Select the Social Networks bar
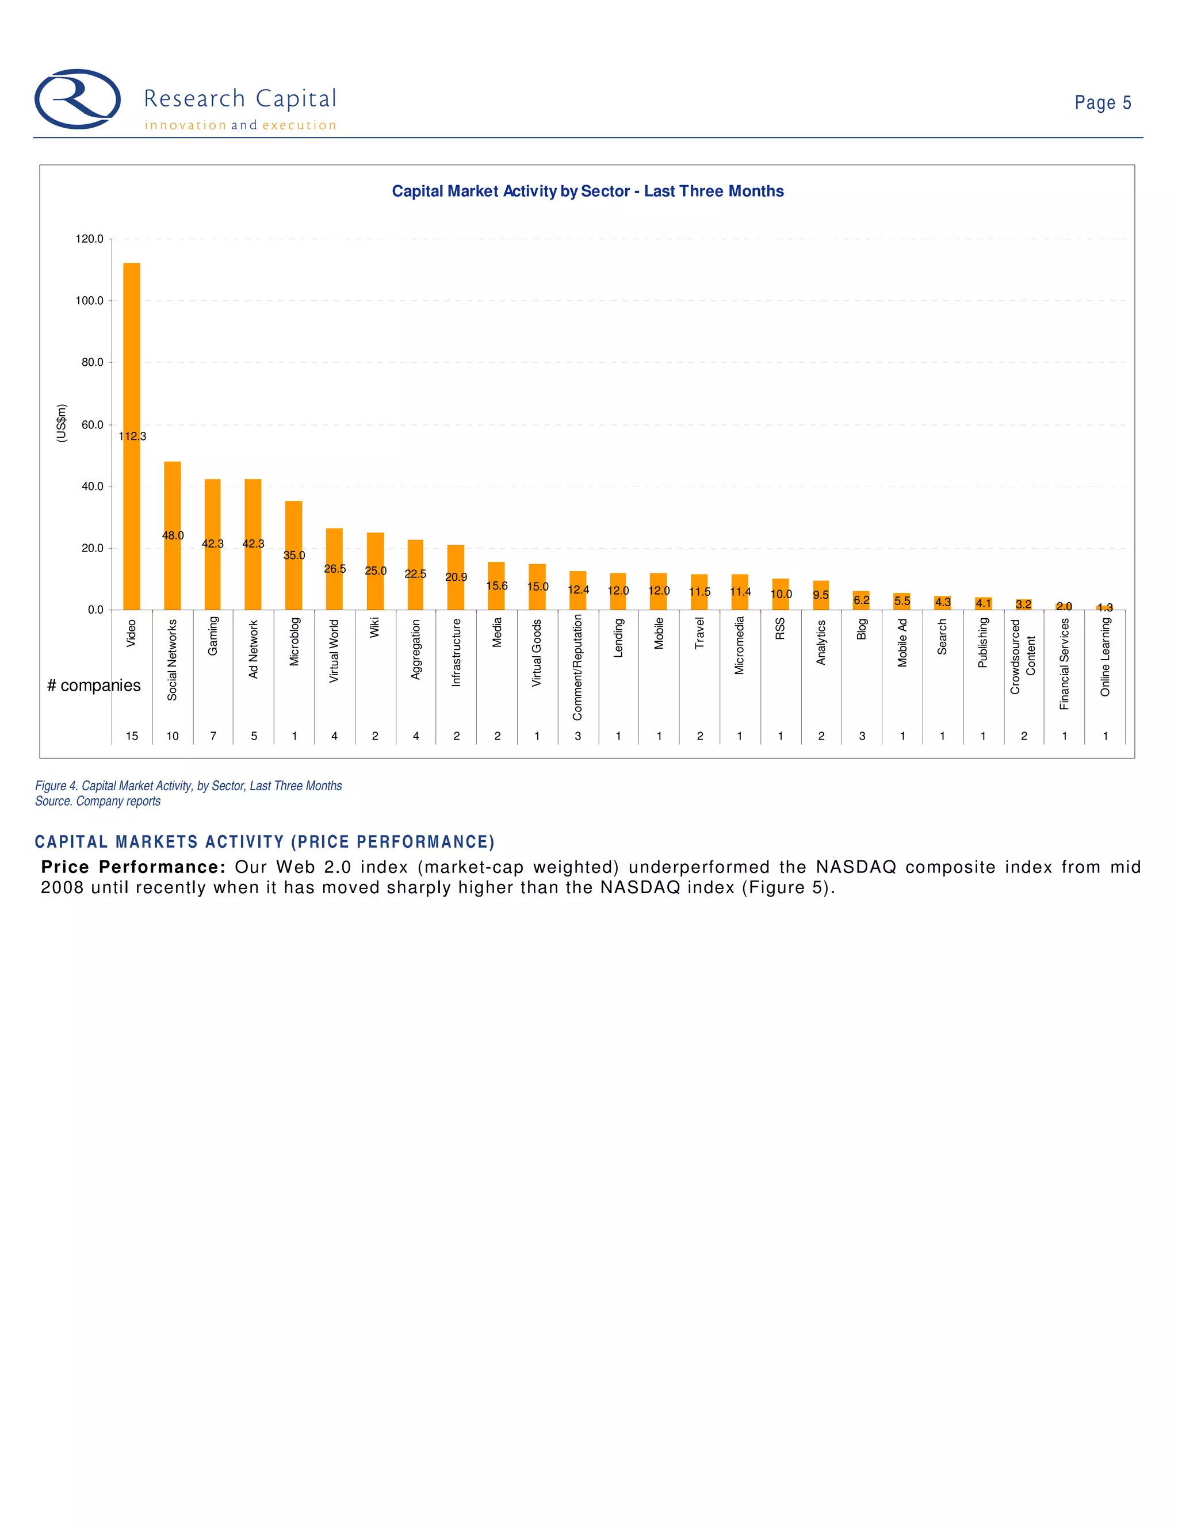pos(173,503)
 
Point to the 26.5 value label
pos(335,569)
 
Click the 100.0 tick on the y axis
pos(89,301)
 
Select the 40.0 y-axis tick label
pos(92,487)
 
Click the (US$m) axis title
pos(62,423)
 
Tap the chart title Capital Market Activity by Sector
pos(588,191)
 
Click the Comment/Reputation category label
pos(577,667)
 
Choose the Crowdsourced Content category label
pos(1023,656)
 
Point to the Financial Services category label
pos(1064,664)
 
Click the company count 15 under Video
pos(132,736)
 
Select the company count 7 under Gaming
pos(213,736)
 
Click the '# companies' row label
pos(94,686)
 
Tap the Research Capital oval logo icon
pos(78,99)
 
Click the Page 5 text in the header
pos(1102,102)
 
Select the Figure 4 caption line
pos(189,786)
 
